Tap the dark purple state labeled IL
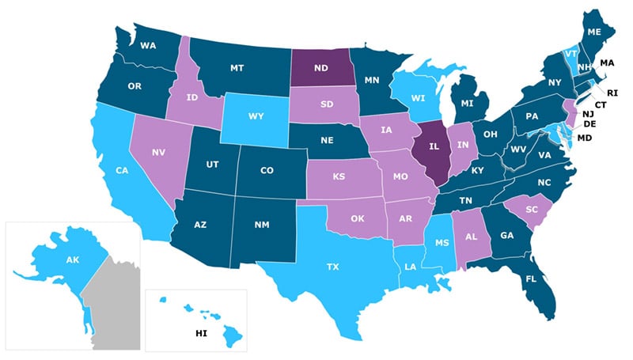pos(434,146)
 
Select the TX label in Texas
pos(332,267)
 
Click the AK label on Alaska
pos(71,259)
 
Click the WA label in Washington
pos(147,46)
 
